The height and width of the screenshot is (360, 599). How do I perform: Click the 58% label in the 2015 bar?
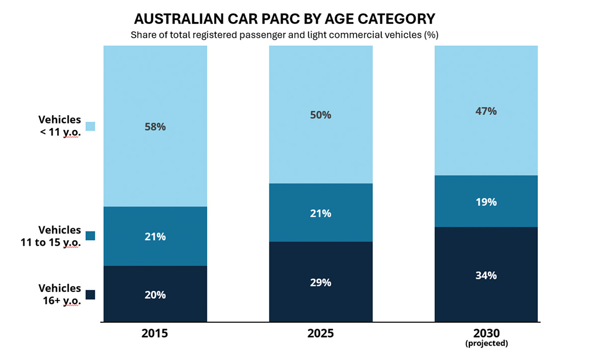click(155, 127)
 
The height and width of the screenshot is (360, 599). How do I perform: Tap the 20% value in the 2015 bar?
click(155, 295)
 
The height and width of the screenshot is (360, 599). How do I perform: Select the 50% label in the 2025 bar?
click(321, 115)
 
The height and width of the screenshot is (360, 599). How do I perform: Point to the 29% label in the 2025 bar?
click(321, 282)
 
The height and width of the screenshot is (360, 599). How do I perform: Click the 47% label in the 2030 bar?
click(486, 111)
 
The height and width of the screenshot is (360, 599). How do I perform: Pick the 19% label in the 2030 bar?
click(486, 202)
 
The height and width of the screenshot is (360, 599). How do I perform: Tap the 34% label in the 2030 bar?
click(486, 275)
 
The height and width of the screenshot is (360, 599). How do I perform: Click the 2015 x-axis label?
click(155, 333)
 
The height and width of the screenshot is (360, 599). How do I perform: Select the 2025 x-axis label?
click(321, 333)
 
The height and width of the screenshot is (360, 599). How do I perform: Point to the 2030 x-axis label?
click(486, 333)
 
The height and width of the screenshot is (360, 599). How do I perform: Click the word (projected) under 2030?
click(486, 343)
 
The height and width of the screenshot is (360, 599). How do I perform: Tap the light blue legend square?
click(90, 126)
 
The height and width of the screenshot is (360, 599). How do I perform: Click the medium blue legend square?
click(90, 236)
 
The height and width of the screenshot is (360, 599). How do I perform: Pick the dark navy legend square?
click(90, 294)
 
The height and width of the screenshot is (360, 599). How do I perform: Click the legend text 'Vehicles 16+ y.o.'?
click(60, 294)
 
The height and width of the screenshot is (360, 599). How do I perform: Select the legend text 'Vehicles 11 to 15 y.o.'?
click(60, 236)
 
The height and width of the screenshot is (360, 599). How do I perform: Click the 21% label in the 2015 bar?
click(155, 237)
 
